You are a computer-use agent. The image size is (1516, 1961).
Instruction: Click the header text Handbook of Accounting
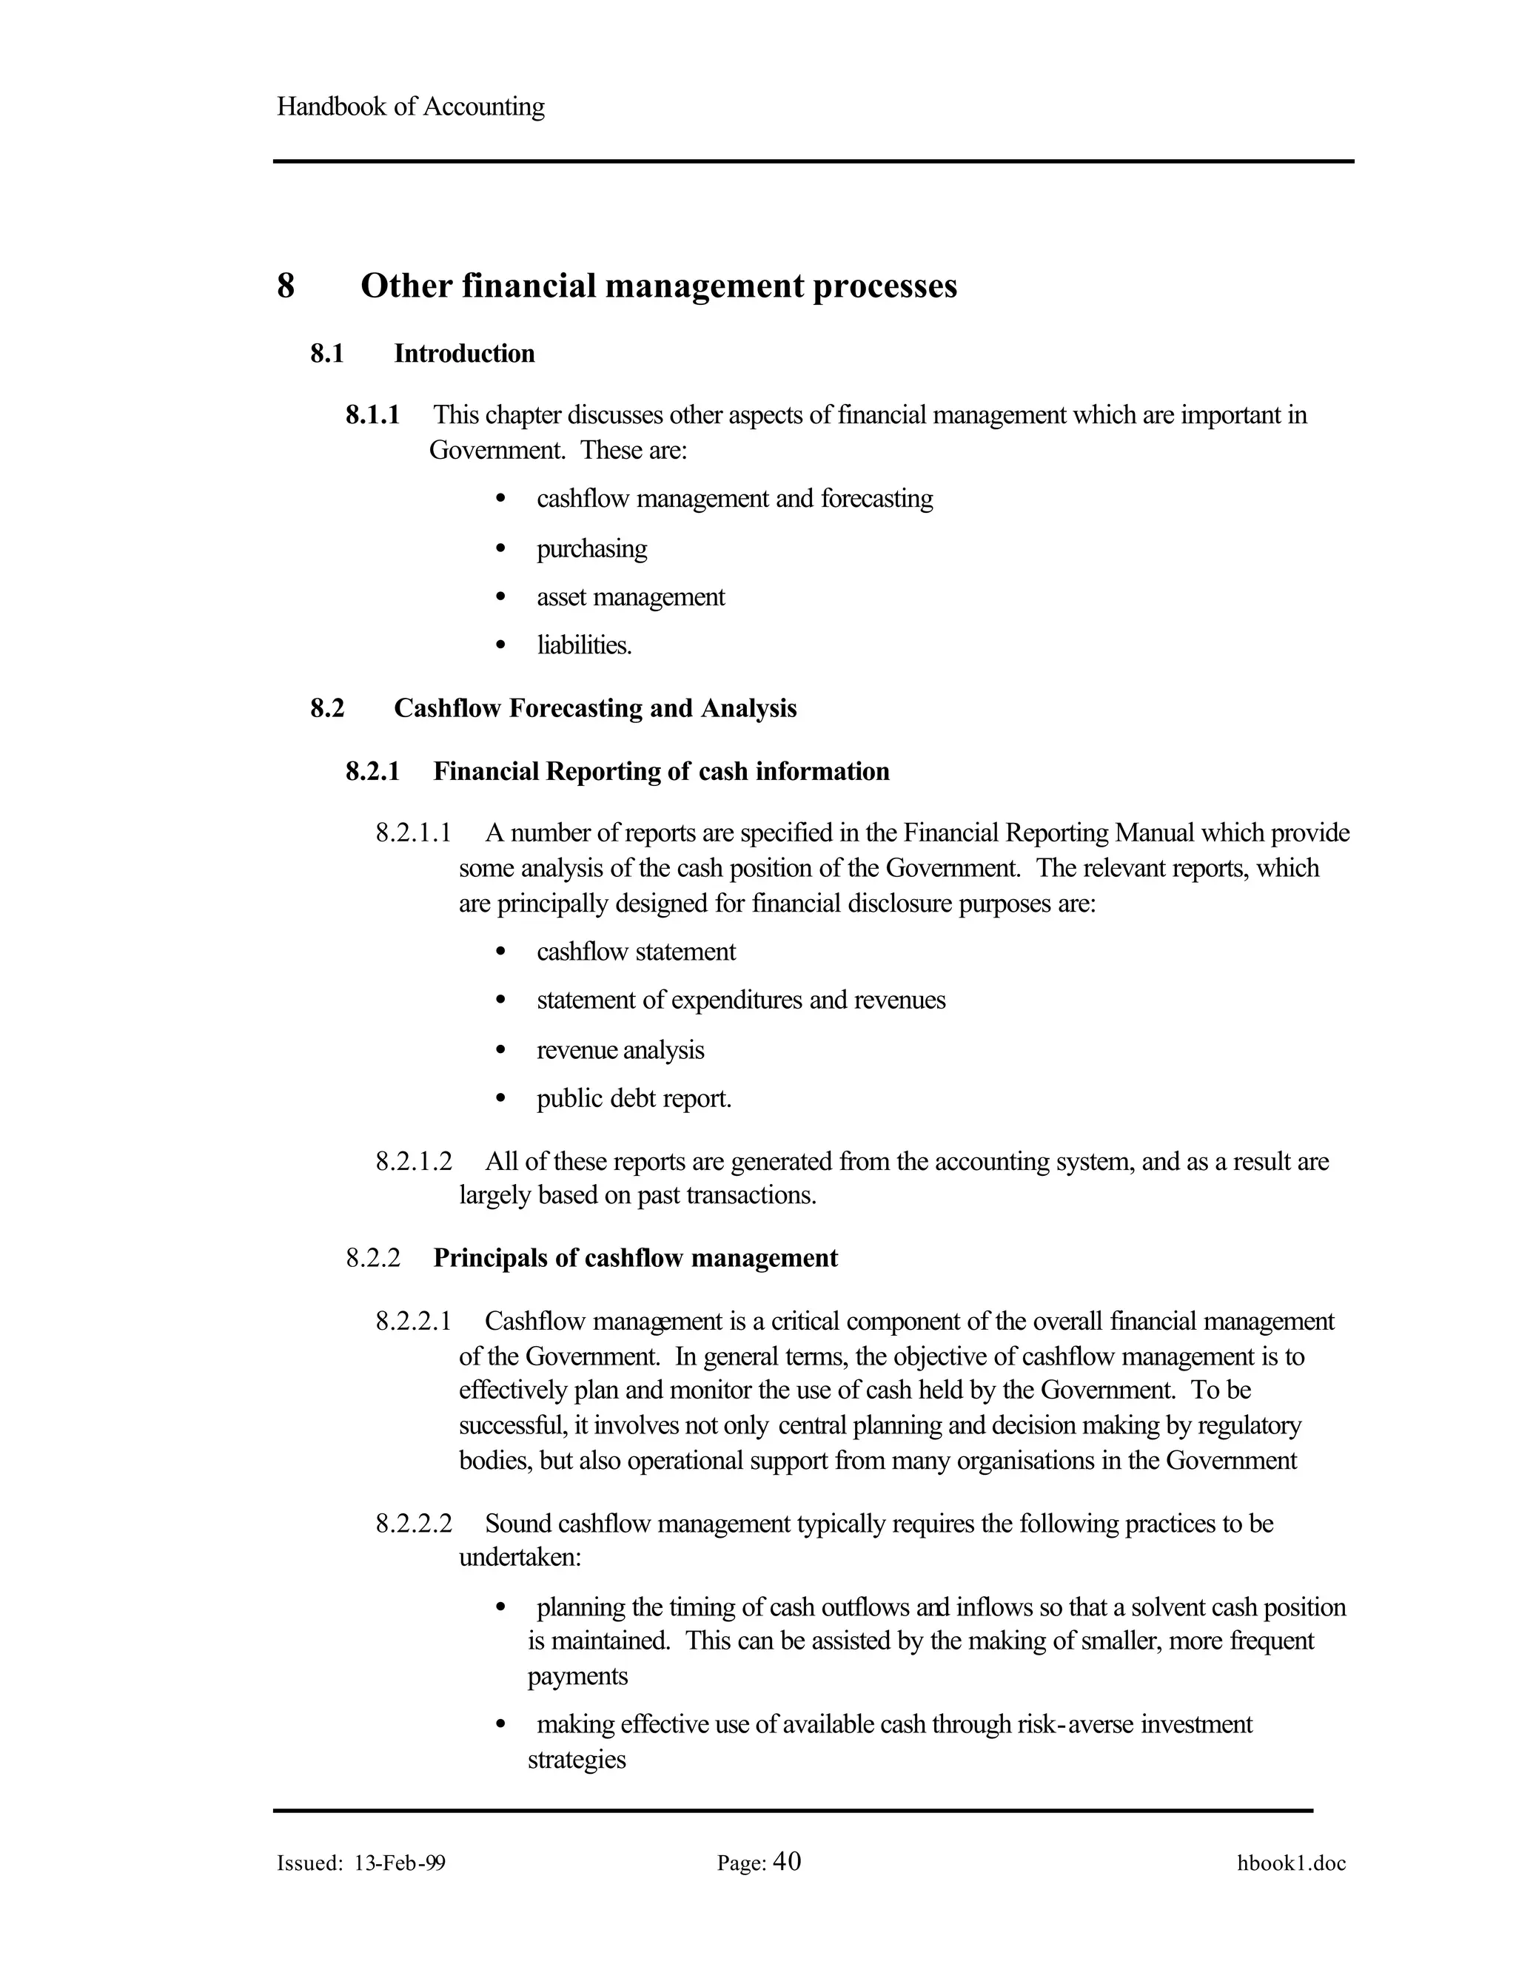[x=410, y=107]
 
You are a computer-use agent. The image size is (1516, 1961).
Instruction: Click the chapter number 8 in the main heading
[x=286, y=286]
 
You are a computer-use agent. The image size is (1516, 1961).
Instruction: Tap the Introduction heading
[x=463, y=354]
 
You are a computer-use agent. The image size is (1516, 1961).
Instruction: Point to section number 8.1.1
[x=373, y=415]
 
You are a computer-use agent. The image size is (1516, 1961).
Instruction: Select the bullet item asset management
[x=631, y=597]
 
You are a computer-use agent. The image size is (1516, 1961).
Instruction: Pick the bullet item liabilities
[x=584, y=645]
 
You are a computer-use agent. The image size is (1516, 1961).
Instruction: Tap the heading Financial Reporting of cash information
[x=661, y=771]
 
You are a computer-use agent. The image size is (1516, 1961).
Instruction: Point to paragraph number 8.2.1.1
[x=413, y=833]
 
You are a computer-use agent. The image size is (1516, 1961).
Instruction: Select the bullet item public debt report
[x=634, y=1098]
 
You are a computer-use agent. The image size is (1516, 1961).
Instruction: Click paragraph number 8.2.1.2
[x=413, y=1162]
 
